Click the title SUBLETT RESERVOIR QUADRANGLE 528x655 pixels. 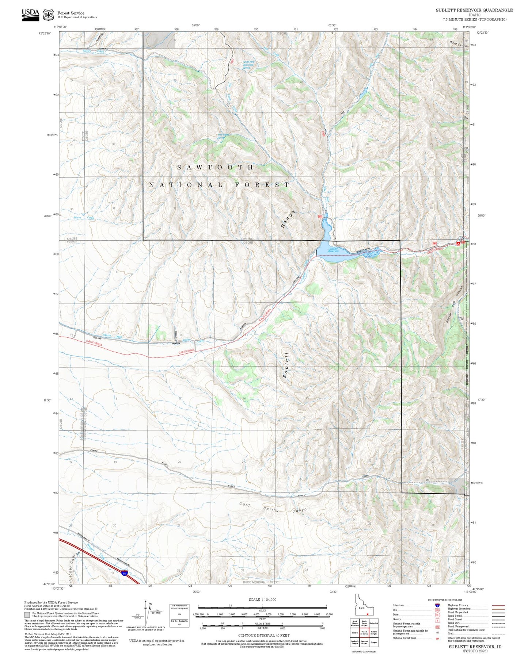tap(474, 10)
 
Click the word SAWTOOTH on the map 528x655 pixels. tap(215, 167)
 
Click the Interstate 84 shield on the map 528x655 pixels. tap(125, 574)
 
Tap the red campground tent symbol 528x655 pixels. tap(458, 244)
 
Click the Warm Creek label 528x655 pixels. tap(84, 218)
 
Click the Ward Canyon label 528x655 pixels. tap(459, 45)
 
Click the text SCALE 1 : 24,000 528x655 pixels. tap(262, 600)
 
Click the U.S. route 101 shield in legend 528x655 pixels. tap(437, 610)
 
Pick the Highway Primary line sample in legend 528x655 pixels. tap(498, 605)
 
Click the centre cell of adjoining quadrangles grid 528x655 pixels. tap(364, 633)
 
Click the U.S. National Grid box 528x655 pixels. tap(179, 616)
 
